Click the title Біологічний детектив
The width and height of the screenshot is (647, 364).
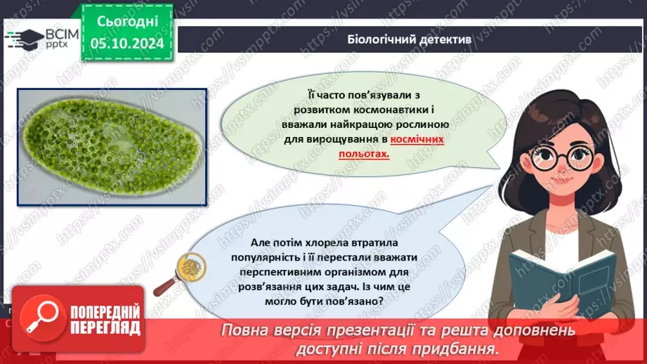pyautogui.click(x=410, y=40)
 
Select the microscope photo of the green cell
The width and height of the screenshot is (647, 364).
pyautogui.click(x=112, y=147)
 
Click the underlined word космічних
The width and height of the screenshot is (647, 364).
pyautogui.click(x=417, y=140)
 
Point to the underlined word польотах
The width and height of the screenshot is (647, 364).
pyautogui.click(x=362, y=152)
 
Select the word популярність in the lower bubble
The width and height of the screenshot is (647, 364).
pyautogui.click(x=262, y=258)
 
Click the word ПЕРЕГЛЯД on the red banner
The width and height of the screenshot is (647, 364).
pyautogui.click(x=104, y=328)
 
